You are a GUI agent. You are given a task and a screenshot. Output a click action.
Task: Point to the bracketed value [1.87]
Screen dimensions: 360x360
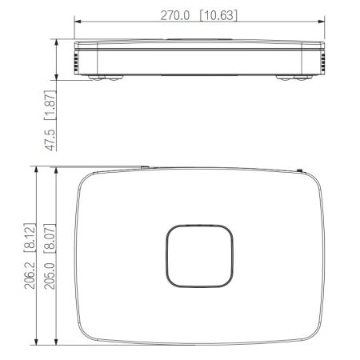click(x=50, y=105)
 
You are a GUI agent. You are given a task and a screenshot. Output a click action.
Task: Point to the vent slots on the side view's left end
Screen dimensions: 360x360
click(x=77, y=61)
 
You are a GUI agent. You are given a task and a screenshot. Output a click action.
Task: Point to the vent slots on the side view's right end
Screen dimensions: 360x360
click(x=323, y=61)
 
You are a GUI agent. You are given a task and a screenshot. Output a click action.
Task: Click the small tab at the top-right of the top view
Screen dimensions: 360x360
click(x=298, y=169)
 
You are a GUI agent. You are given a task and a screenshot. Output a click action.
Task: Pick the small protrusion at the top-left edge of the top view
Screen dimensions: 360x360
click(x=144, y=168)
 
